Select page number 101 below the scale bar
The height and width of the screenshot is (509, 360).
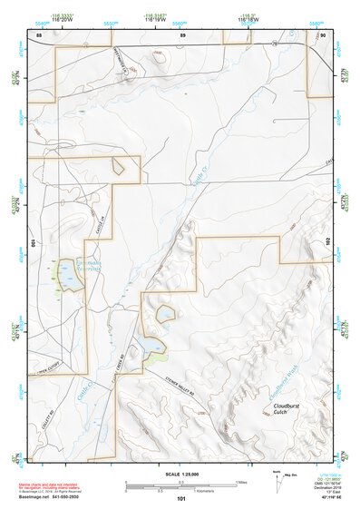[x=181, y=498]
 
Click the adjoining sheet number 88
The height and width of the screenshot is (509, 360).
[x=39, y=34]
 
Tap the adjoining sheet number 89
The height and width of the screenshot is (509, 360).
[x=182, y=34]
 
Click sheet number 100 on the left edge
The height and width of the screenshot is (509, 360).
[x=34, y=243]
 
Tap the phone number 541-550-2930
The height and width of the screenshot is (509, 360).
[x=63, y=498]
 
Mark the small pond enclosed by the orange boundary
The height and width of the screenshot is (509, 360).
[x=166, y=315]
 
